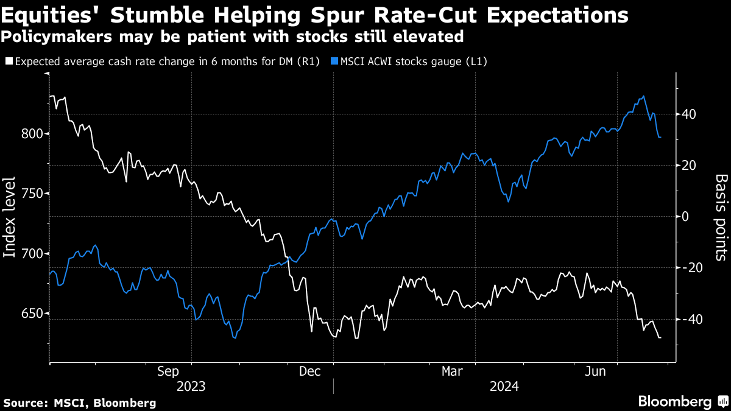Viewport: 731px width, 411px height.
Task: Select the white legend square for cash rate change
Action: [x=9, y=61]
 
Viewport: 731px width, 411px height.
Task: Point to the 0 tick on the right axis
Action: [x=687, y=217]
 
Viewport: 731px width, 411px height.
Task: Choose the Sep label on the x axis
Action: [x=168, y=371]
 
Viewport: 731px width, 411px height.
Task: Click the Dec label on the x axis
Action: [x=311, y=371]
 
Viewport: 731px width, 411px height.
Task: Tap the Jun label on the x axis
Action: [x=595, y=371]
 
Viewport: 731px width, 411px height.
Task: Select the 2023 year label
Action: [x=191, y=386]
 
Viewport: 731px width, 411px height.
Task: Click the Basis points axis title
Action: [x=721, y=217]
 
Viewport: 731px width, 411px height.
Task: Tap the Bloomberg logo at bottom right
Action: [x=674, y=402]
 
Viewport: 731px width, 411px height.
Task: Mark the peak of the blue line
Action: [x=643, y=96]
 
